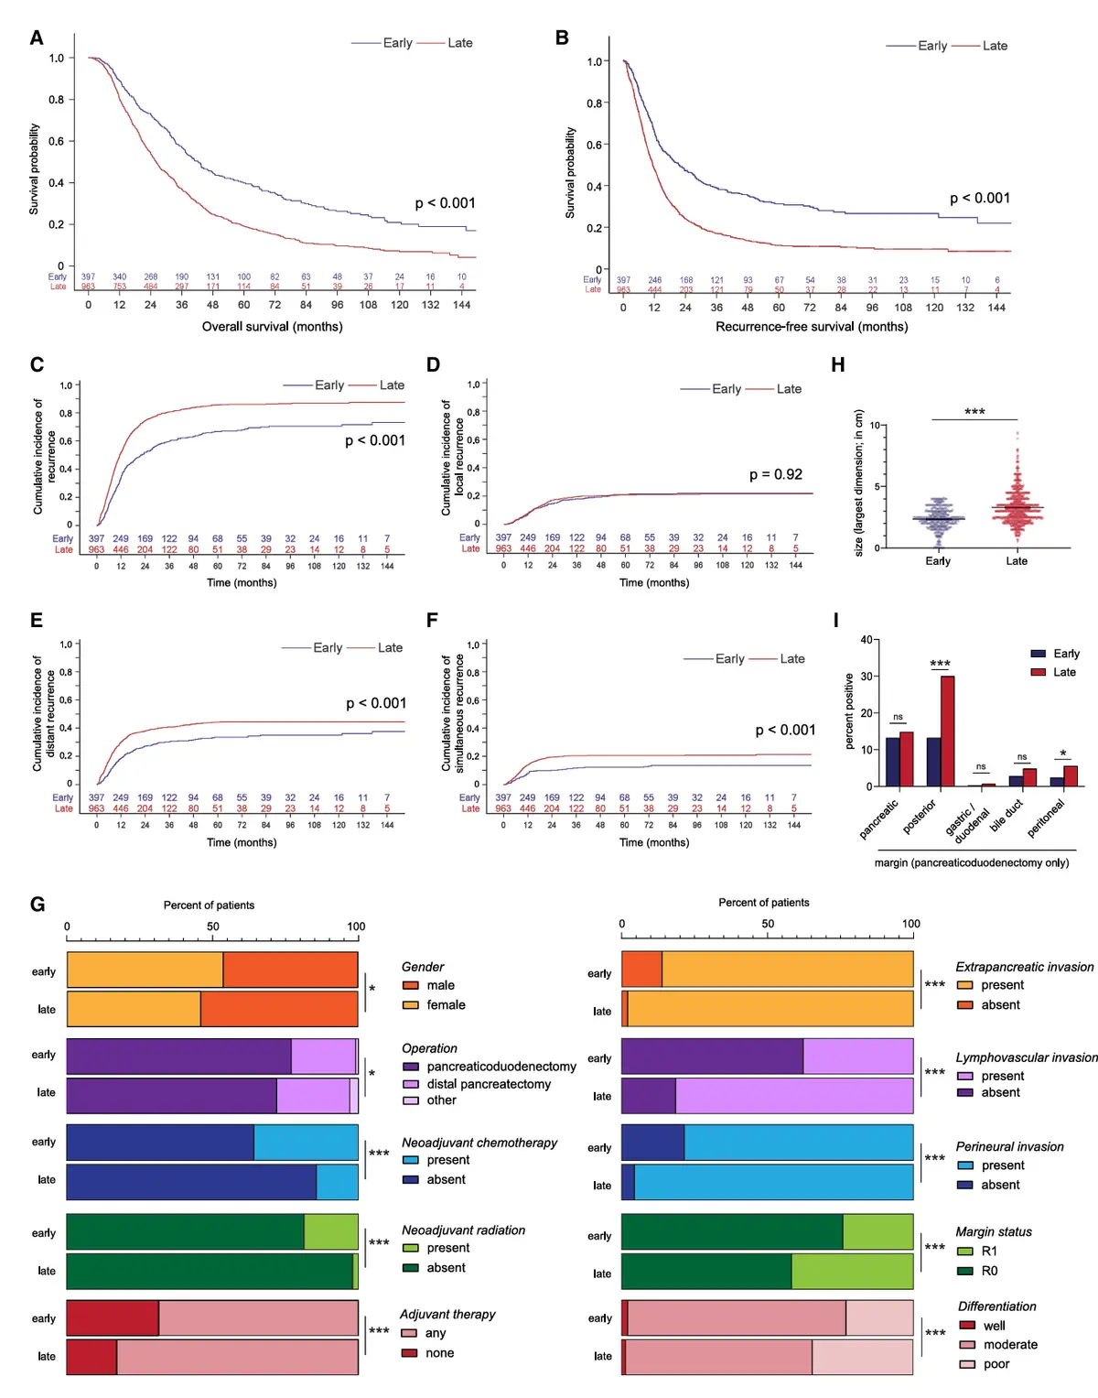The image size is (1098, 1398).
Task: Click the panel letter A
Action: [37, 38]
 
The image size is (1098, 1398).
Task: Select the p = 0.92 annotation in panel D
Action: [775, 474]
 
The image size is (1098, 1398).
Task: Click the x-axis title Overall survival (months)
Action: [272, 326]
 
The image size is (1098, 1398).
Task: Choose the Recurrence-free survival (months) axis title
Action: [812, 326]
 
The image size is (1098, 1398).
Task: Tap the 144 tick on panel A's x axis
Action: [462, 305]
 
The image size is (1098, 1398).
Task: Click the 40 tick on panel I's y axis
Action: [866, 640]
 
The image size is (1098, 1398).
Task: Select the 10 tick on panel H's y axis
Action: [875, 426]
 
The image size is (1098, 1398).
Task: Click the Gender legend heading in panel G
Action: [423, 967]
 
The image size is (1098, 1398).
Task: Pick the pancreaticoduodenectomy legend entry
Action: [501, 1067]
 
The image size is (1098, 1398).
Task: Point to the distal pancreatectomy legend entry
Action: [489, 1084]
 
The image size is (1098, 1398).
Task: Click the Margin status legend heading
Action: [994, 1231]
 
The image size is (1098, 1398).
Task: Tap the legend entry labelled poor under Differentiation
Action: [996, 1364]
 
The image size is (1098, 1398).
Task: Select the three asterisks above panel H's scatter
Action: [974, 412]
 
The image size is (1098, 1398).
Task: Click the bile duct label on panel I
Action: [1006, 815]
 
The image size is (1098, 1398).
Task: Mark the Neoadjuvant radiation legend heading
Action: [463, 1230]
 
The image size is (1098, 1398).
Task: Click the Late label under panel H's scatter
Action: [1017, 561]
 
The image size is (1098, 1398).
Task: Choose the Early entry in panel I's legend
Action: [1066, 654]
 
